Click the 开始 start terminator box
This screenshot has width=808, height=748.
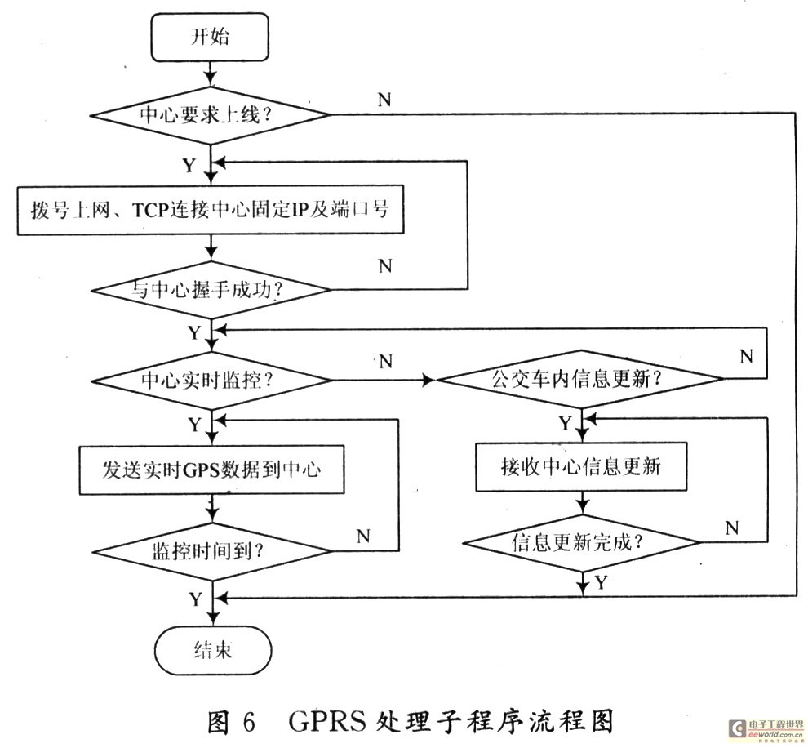click(211, 36)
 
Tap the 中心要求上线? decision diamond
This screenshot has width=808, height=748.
click(211, 114)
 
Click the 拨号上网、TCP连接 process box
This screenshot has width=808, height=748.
click(211, 209)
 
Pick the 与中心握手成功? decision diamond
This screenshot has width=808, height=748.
click(211, 288)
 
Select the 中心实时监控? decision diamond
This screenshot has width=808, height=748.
click(211, 380)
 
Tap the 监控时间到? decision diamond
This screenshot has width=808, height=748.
click(211, 549)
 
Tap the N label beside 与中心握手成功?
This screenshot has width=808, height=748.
click(385, 266)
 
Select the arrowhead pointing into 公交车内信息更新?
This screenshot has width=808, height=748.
click(429, 380)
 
